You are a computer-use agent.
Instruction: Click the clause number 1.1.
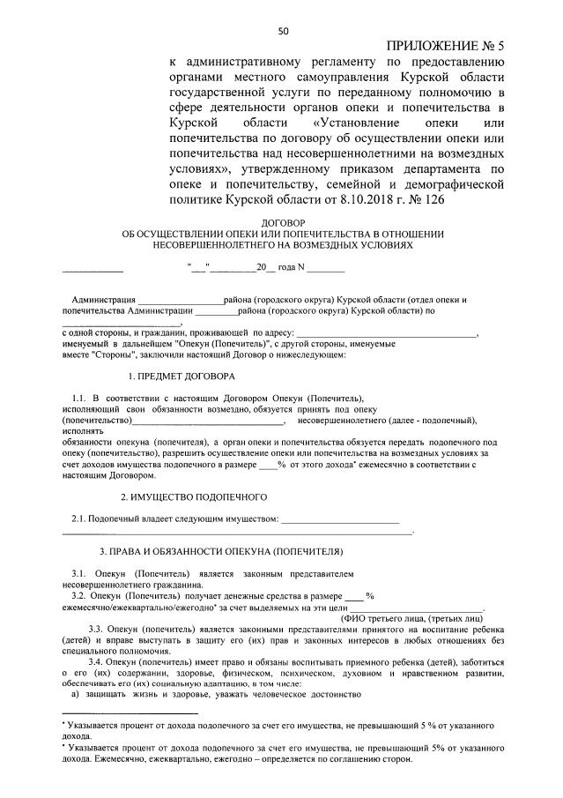(x=78, y=399)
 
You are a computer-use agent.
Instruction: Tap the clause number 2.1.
(x=78, y=518)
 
